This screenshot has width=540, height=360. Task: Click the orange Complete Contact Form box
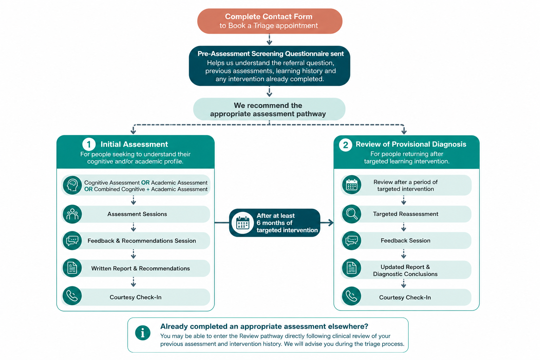270,21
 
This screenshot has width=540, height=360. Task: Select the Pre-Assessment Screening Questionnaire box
270,66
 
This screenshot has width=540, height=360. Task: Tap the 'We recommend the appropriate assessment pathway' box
269,109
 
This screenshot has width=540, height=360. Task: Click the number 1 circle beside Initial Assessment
89,144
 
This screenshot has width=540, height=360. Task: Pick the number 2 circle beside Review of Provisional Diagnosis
346,145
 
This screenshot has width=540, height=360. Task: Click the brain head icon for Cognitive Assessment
72,185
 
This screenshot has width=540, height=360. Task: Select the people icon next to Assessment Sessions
72,214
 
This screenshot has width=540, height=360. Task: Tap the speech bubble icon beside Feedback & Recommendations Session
72,240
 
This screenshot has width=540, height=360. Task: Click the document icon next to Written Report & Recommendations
72,268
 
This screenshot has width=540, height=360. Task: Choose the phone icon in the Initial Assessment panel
72,296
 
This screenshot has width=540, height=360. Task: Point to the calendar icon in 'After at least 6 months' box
243,223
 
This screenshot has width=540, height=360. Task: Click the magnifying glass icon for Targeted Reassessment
352,214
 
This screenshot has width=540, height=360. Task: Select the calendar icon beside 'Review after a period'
352,185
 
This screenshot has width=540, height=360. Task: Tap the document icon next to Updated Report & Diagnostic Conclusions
352,268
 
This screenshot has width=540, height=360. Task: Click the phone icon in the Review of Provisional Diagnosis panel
352,296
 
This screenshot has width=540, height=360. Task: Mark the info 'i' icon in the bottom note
143,333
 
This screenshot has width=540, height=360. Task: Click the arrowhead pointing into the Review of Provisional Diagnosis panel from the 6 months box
331,223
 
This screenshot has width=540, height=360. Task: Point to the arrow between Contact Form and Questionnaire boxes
269,39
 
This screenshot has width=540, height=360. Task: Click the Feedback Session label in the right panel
405,240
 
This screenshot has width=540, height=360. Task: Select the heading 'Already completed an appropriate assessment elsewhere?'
264,326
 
